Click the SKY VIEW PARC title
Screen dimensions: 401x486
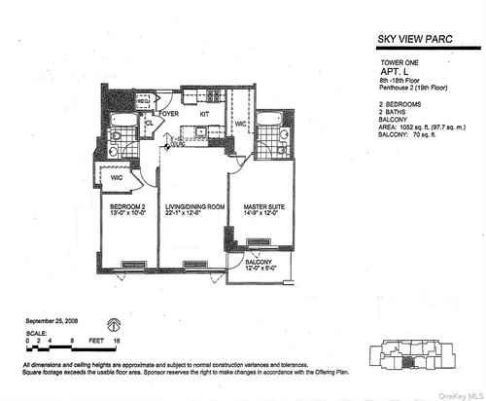pyautogui.click(x=420, y=40)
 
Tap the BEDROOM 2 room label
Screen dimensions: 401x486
pyautogui.click(x=121, y=206)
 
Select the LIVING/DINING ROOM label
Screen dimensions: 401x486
pyautogui.click(x=194, y=206)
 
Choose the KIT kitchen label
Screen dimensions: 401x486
pyautogui.click(x=204, y=114)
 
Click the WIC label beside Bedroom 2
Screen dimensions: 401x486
pyautogui.click(x=117, y=177)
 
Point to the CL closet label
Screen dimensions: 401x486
pyautogui.click(x=149, y=123)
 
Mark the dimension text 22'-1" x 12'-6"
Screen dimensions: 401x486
pyautogui.click(x=194, y=214)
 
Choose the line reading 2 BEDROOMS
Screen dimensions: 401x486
pyautogui.click(x=399, y=102)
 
